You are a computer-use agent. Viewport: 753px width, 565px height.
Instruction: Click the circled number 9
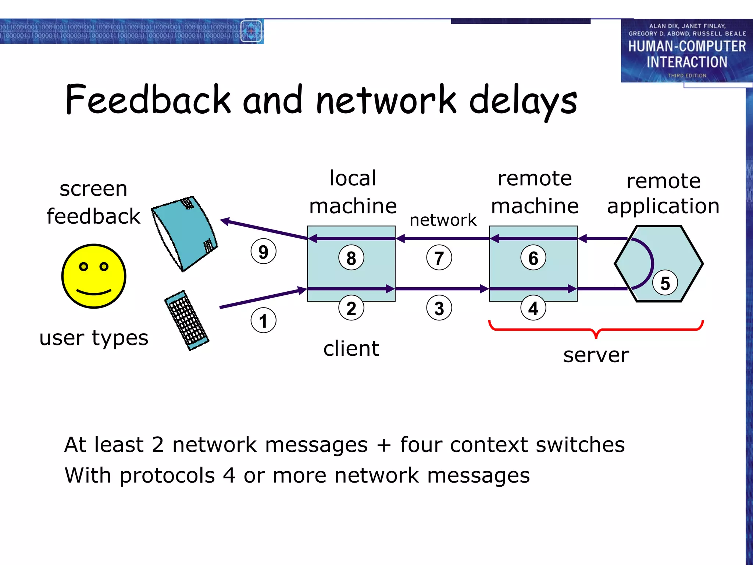(263, 252)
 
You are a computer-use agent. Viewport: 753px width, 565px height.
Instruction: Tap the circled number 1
(263, 320)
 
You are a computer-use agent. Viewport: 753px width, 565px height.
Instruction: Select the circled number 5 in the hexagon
(665, 283)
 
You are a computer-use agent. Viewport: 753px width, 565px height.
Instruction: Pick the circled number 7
(439, 257)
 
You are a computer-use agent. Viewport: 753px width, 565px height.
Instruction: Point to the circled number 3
(439, 308)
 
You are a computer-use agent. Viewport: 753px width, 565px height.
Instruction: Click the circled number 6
(533, 257)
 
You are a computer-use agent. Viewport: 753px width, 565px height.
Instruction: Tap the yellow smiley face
(94, 276)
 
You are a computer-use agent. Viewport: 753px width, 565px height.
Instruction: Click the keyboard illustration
(186, 320)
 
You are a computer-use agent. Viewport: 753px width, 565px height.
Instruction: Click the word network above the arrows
(443, 220)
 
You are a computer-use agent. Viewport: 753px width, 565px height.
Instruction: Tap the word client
(351, 348)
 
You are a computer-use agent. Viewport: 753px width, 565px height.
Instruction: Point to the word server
(596, 355)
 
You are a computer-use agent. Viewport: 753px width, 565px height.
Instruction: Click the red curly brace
(596, 329)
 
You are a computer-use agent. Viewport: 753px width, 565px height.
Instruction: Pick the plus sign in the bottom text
(383, 445)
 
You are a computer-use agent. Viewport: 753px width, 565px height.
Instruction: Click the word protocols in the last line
(167, 475)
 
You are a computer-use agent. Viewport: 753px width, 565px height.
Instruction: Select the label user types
(94, 338)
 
